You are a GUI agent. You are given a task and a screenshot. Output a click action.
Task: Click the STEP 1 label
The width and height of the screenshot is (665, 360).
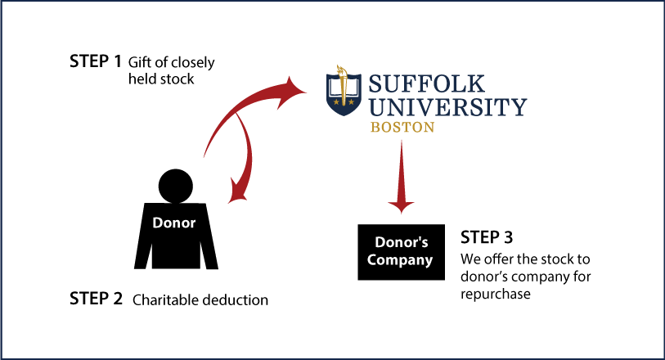96,61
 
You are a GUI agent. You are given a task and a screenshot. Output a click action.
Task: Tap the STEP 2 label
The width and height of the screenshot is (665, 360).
96,299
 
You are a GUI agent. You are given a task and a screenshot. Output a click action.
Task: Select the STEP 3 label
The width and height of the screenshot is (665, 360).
487,237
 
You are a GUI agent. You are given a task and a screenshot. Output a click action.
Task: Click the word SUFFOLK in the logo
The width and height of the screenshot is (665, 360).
426,83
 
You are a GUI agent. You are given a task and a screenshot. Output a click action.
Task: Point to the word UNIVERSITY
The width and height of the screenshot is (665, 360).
448,106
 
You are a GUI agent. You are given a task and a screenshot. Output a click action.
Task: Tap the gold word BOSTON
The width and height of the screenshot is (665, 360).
402,127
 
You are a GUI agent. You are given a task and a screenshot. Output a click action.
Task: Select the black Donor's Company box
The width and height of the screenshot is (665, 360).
401,252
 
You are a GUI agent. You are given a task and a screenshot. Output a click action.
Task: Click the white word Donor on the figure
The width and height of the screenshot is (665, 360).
174,223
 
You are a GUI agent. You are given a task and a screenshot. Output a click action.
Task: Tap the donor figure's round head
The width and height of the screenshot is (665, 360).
176,187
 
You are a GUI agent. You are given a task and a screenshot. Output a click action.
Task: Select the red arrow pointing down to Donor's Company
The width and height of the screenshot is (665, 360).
401,178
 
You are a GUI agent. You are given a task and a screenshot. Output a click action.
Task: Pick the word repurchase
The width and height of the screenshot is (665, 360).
496,295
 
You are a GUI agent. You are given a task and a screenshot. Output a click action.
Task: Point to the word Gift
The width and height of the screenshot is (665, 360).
140,62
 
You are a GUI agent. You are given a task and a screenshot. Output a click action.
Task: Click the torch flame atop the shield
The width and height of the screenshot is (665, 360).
341,72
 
